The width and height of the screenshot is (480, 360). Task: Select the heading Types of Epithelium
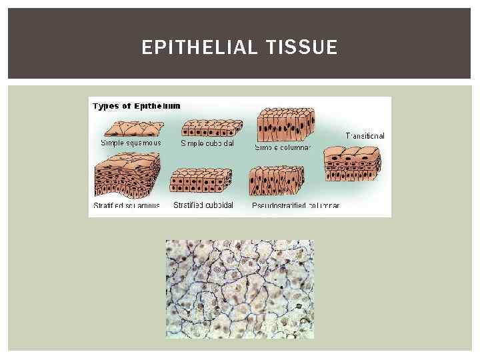pyautogui.click(x=137, y=106)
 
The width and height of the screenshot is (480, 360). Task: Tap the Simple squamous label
pyautogui.click(x=131, y=143)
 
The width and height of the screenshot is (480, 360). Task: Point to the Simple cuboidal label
pyautogui.click(x=207, y=143)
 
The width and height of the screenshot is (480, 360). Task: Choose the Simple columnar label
pyautogui.click(x=283, y=147)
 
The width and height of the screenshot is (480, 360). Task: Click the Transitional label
pyautogui.click(x=365, y=136)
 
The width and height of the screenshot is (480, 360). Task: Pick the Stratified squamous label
pyautogui.click(x=127, y=206)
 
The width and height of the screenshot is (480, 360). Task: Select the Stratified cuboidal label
pyautogui.click(x=203, y=205)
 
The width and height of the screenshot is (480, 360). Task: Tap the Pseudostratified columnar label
pyautogui.click(x=295, y=206)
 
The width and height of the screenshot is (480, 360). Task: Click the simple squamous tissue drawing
pyautogui.click(x=131, y=129)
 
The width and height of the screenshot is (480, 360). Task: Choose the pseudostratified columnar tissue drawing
pyautogui.click(x=276, y=181)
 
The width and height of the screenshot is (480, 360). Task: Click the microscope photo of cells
pyautogui.click(x=239, y=289)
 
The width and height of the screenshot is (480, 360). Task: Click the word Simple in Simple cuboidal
pyautogui.click(x=192, y=143)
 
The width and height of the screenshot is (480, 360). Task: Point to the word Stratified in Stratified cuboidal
pyautogui.click(x=189, y=205)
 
